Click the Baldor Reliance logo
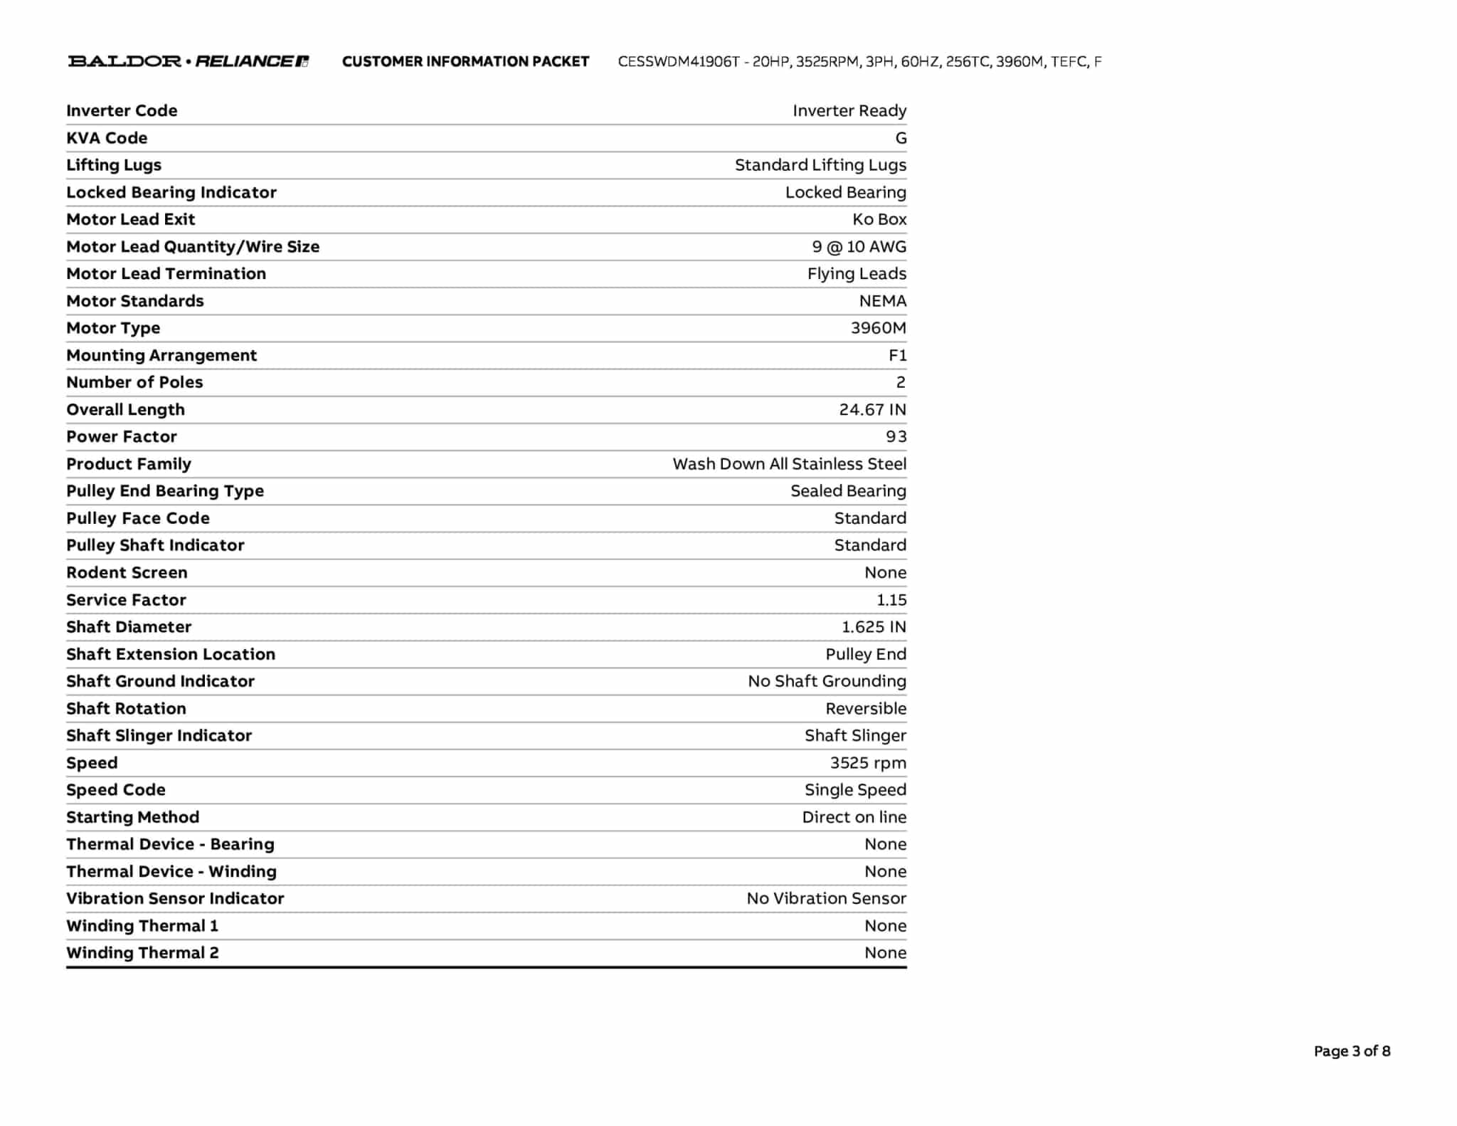pos(189,61)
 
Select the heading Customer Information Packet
pos(465,62)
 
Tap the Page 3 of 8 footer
pos(1352,1051)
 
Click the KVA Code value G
pos(901,138)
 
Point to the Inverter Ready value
pos(849,111)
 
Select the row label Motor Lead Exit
pos(130,219)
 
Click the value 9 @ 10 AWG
pos(859,247)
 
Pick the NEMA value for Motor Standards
pos(882,301)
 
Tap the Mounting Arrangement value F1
pos(897,355)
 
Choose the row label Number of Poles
pos(134,382)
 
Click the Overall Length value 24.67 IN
pos(872,410)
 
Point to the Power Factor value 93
pos(896,437)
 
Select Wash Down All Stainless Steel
pos(789,464)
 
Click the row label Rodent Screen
pos(127,573)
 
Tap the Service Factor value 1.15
pos(891,600)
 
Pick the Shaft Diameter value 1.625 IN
pos(874,627)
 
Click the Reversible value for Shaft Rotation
pos(866,709)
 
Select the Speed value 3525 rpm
pos(868,763)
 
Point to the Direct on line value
pos(854,817)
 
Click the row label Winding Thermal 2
pos(142,953)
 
